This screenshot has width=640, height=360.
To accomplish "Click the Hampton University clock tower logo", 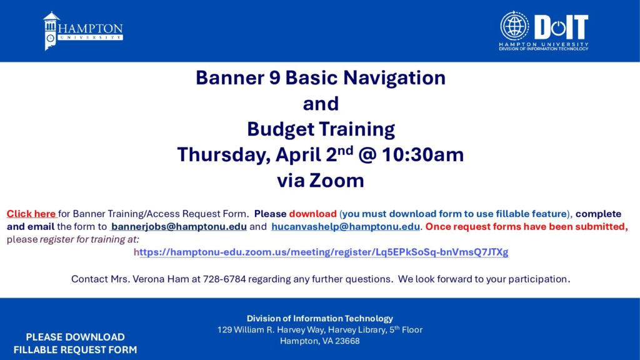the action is [51, 31].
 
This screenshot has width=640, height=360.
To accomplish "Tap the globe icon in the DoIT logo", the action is [514, 26].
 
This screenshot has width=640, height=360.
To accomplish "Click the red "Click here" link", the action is [31, 214].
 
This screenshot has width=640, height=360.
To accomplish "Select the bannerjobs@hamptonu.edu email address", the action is [179, 226].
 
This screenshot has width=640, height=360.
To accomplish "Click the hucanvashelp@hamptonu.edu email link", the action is [345, 226].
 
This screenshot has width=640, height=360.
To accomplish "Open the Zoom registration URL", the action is [321, 252].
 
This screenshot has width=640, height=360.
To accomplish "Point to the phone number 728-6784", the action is [224, 279].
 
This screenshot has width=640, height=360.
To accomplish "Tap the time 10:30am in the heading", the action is [423, 155].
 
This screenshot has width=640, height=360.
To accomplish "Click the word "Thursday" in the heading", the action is [224, 155].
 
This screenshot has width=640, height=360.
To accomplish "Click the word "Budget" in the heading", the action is [282, 129].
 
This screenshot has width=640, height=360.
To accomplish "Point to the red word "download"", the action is [312, 214].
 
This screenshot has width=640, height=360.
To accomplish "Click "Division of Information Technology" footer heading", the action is [320, 318].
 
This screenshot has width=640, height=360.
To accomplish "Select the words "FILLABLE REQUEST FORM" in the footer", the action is [75, 350].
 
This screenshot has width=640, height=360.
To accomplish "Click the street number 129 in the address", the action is [224, 330].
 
